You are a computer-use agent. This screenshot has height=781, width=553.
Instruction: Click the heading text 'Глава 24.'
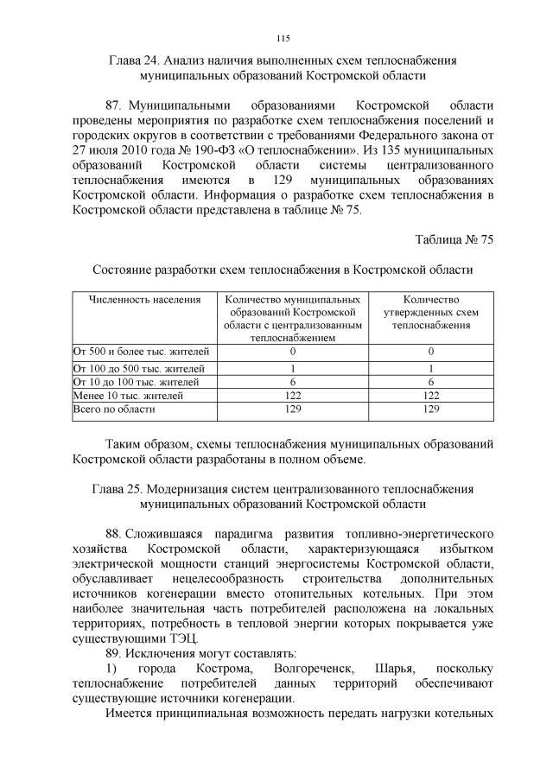pos(136,60)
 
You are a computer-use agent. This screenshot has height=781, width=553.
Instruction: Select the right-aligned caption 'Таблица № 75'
pos(454,239)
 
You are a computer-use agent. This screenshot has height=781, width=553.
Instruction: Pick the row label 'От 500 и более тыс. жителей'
pos(141,352)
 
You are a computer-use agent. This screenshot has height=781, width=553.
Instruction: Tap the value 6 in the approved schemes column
pos(430,381)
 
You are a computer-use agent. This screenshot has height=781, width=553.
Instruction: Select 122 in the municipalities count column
pos(292,395)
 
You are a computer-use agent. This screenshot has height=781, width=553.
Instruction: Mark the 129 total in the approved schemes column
pos(430,409)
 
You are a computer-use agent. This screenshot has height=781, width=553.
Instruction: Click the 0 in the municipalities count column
pos(292,352)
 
